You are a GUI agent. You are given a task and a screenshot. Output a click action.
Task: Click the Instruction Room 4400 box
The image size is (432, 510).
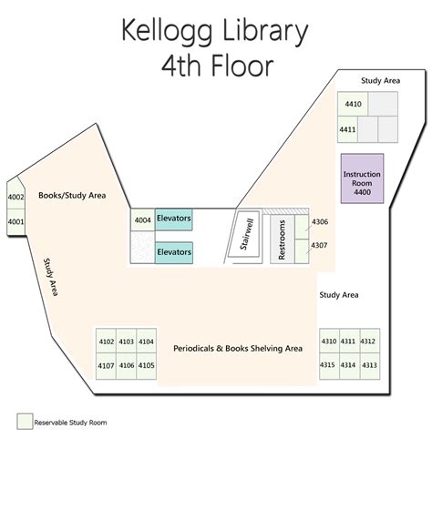click(362, 178)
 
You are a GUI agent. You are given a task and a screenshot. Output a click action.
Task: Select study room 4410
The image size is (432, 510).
click(353, 105)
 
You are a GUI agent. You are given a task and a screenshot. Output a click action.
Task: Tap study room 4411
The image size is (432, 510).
click(347, 130)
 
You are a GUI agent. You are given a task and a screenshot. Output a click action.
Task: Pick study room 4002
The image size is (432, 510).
click(15, 197)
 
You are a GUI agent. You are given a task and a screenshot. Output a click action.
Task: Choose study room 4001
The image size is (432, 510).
click(15, 220)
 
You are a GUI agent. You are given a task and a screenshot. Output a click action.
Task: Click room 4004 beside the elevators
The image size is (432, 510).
click(142, 219)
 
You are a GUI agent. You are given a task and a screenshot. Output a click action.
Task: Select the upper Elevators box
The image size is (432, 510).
click(173, 219)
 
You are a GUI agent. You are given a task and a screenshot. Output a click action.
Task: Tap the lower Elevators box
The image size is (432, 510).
click(173, 250)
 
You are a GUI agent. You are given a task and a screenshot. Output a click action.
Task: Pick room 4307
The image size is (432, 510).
click(319, 245)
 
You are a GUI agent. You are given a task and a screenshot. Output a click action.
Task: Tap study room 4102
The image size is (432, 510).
click(106, 342)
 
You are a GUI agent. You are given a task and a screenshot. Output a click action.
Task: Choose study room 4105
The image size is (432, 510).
click(147, 365)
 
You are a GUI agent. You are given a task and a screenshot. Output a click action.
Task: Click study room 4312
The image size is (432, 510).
click(368, 342)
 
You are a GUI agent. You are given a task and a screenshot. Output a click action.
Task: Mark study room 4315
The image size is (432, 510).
click(328, 364)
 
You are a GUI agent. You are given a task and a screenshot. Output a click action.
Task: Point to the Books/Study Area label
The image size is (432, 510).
click(72, 195)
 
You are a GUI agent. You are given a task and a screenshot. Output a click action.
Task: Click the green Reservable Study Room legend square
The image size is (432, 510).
click(24, 422)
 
